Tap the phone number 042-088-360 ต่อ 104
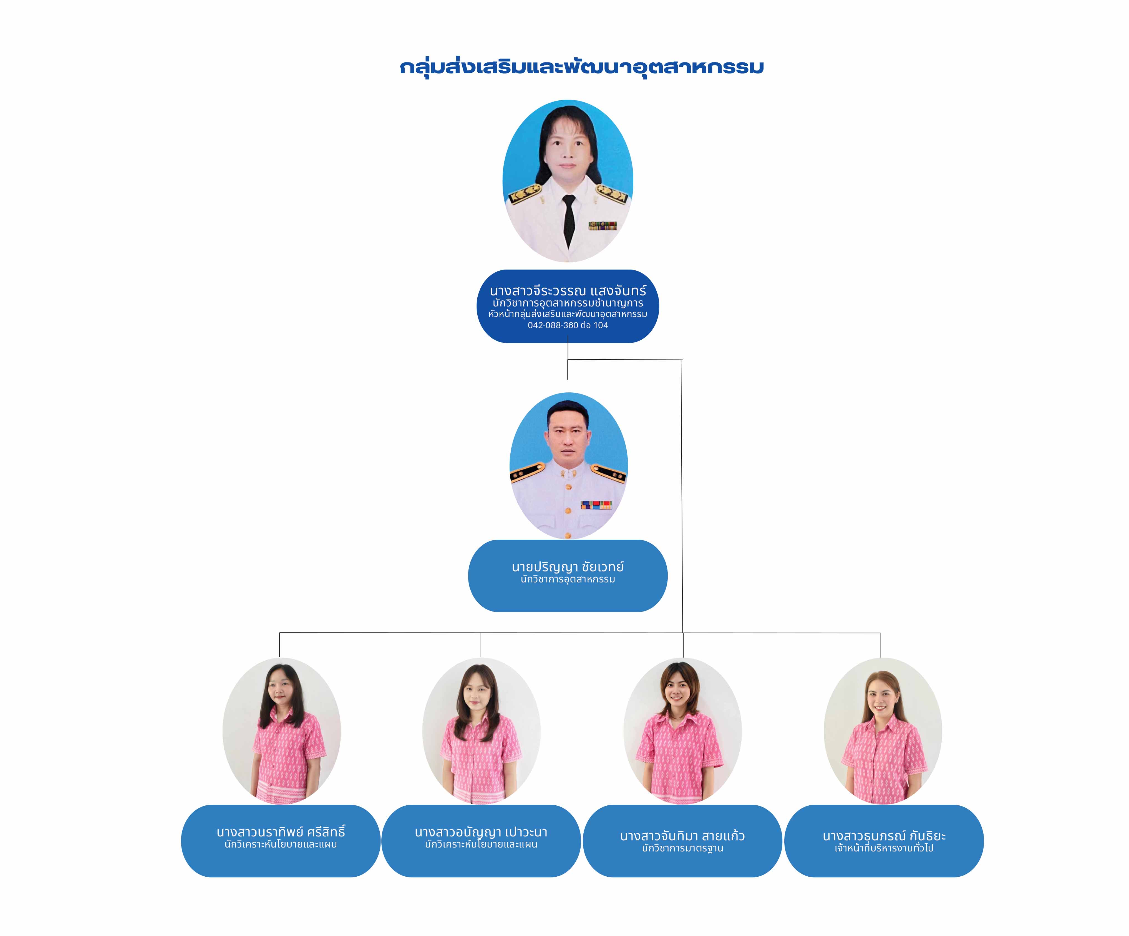(568, 325)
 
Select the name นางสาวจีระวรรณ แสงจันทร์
(568, 291)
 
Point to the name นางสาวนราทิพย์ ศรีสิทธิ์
(281, 832)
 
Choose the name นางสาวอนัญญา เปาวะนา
(481, 832)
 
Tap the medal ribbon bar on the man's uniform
(596, 505)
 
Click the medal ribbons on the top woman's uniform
(602, 226)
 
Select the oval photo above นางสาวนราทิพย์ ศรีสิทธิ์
(281, 731)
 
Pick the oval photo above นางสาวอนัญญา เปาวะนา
(481, 731)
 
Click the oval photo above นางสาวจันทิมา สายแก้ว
(682, 731)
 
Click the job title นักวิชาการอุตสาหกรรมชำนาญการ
(568, 303)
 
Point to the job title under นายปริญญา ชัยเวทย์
(568, 579)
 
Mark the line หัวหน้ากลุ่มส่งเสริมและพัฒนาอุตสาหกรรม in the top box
(568, 314)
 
